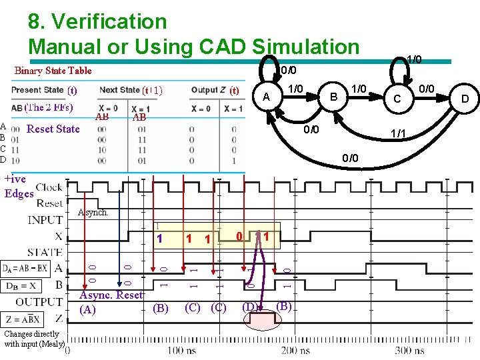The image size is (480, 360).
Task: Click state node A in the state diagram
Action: tap(267, 98)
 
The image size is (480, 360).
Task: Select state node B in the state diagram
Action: tap(331, 97)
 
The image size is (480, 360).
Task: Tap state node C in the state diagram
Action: tap(397, 99)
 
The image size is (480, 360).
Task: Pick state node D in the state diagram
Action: tap(464, 99)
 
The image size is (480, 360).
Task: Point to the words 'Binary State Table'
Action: tap(53, 71)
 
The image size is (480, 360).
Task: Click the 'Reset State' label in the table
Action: tap(53, 129)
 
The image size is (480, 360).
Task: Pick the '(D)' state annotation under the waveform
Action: tap(250, 307)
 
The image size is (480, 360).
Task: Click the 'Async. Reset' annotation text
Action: tap(111, 295)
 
